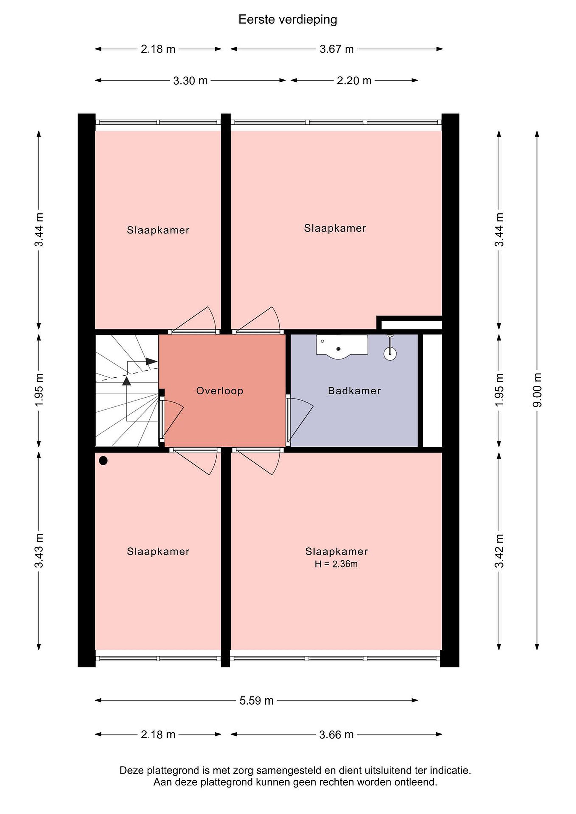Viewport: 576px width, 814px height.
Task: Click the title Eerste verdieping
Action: pyautogui.click(x=288, y=20)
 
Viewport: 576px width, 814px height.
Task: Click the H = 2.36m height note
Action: pyautogui.click(x=336, y=564)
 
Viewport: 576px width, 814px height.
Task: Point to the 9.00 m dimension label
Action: pyautogui.click(x=537, y=390)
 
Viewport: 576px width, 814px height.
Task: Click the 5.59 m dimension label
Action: pyautogui.click(x=256, y=701)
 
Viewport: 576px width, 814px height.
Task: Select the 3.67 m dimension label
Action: pyautogui.click(x=336, y=49)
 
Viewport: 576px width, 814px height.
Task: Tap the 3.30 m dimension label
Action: pyautogui.click(x=190, y=81)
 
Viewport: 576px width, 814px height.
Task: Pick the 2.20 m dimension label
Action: pyautogui.click(x=354, y=81)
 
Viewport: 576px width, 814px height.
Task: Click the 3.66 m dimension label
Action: pyautogui.click(x=336, y=735)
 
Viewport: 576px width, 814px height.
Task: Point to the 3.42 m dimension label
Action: pyautogui.click(x=499, y=551)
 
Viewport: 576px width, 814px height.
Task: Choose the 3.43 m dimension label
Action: pyautogui.click(x=39, y=551)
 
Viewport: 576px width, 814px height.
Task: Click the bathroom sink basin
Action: pyautogui.click(x=342, y=346)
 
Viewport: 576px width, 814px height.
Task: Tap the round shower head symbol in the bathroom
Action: pyautogui.click(x=390, y=353)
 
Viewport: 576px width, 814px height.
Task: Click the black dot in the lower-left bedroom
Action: pyautogui.click(x=103, y=460)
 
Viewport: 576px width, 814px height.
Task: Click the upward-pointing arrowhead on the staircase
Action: pyautogui.click(x=126, y=381)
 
